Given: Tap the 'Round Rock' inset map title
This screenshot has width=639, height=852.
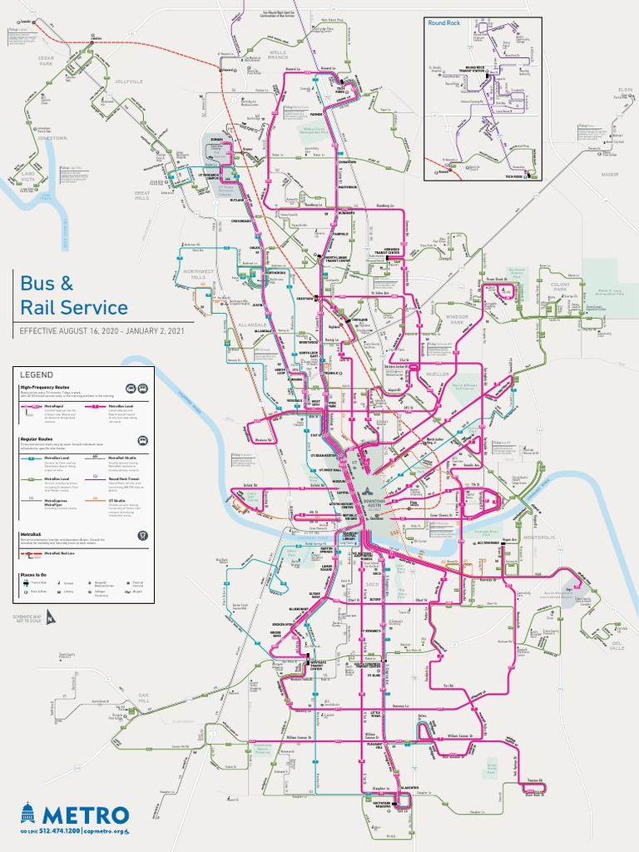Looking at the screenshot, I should click(x=443, y=22).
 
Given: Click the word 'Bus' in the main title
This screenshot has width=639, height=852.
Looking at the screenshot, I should click(x=42, y=283).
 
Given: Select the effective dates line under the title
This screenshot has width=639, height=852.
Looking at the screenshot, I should click(x=102, y=330).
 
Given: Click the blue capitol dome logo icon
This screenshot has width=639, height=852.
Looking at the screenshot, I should click(x=28, y=814).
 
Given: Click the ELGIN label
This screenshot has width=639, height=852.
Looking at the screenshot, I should click(x=625, y=89).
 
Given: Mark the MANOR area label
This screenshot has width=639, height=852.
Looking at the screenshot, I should click(x=611, y=175).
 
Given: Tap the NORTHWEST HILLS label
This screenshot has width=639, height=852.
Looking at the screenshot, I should click(x=199, y=274).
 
